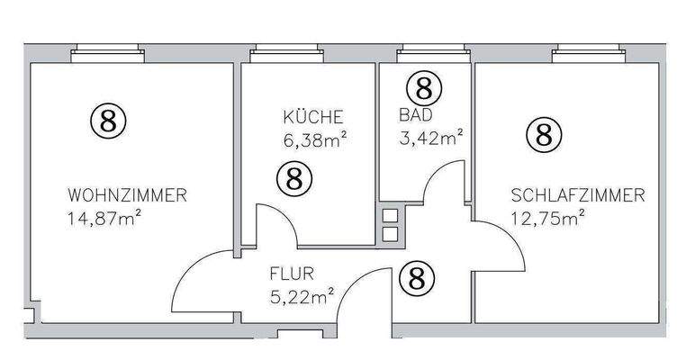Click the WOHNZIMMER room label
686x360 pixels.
126,194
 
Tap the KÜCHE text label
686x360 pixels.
312,117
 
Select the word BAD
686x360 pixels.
415,115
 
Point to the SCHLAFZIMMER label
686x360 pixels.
577,194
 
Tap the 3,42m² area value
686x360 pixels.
430,137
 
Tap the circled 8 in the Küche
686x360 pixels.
293,177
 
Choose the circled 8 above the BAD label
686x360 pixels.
424,87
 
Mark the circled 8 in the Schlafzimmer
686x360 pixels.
544,136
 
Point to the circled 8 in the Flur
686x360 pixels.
416,278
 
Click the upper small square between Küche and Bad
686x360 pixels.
390,216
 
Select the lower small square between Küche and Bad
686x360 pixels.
390,234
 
